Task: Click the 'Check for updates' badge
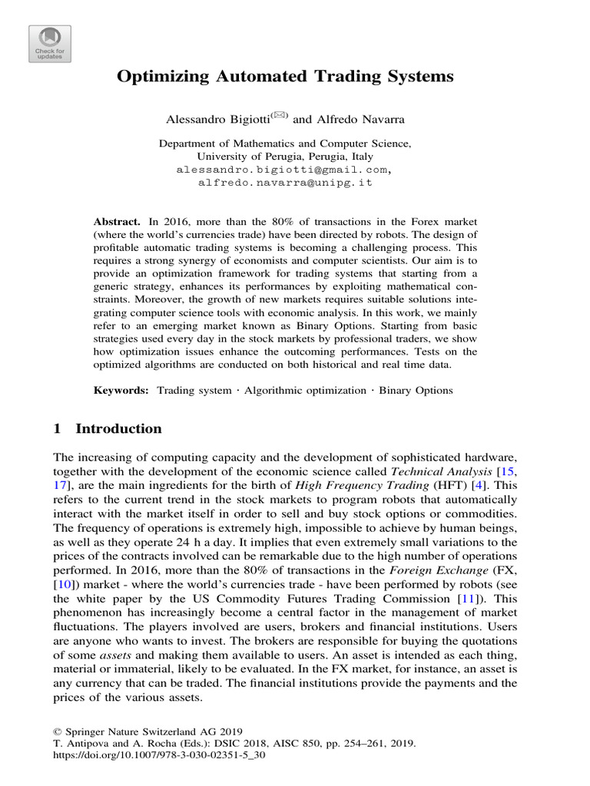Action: pyautogui.click(x=50, y=44)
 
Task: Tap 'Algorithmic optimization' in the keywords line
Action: pyautogui.click(x=303, y=390)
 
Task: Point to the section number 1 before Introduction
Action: pyautogui.click(x=55, y=428)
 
